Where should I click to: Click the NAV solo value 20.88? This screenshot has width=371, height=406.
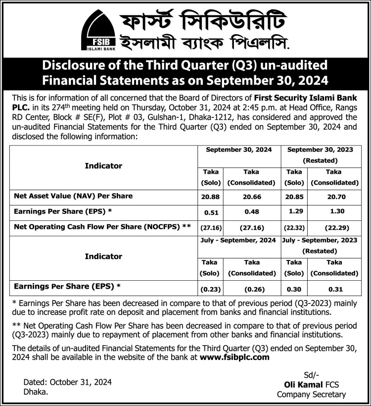pos(210,196)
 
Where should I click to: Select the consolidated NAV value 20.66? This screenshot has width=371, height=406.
pos(251,196)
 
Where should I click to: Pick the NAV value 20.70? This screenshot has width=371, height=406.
pos(334,196)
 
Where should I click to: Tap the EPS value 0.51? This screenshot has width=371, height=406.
pos(210,212)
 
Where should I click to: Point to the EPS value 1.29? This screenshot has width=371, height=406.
pos(294,212)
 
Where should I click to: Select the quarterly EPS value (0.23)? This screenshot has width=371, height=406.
pos(210,289)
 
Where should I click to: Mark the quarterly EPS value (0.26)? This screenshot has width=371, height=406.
pos(251,289)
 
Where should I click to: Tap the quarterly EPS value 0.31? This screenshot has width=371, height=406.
pos(334,289)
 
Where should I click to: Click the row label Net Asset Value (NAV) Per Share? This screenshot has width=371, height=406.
pos(73,196)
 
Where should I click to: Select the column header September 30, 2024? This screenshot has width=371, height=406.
pos(239,149)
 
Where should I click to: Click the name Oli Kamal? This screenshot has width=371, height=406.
pos(300,384)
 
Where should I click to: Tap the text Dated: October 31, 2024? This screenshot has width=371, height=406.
pos(68,382)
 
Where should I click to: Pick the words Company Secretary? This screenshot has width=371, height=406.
pos(311,395)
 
